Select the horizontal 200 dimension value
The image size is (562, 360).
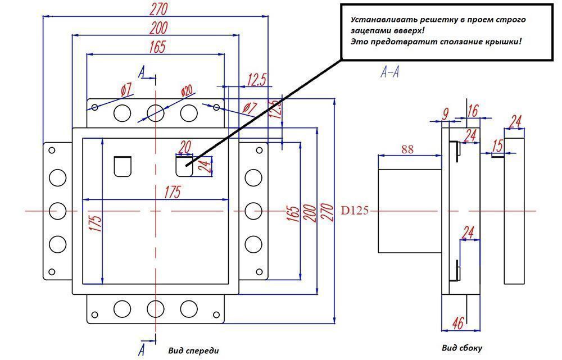(x=158, y=29)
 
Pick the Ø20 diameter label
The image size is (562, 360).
(x=187, y=91)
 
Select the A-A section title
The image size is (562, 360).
(x=389, y=72)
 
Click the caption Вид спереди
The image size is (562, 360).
(x=193, y=350)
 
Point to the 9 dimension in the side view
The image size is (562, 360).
(x=445, y=113)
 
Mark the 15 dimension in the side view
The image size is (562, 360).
(x=497, y=146)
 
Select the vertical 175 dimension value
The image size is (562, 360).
(x=96, y=224)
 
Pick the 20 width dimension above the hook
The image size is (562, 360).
(x=183, y=147)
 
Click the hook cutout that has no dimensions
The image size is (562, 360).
(x=122, y=166)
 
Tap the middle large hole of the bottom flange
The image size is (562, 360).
(x=154, y=308)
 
